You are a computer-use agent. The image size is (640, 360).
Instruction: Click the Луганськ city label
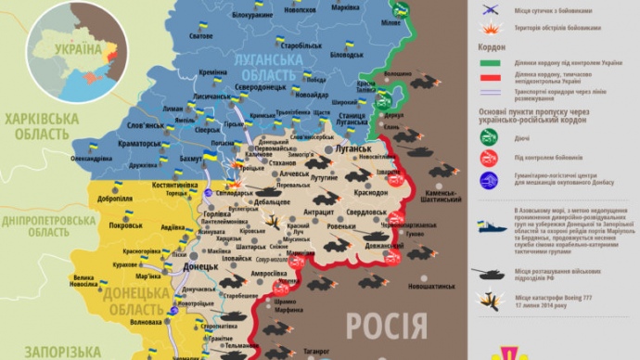tap(355, 148)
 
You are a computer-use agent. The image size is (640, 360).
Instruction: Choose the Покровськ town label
tap(125, 225)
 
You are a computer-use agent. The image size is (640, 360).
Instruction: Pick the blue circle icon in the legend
tap(489, 180)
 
